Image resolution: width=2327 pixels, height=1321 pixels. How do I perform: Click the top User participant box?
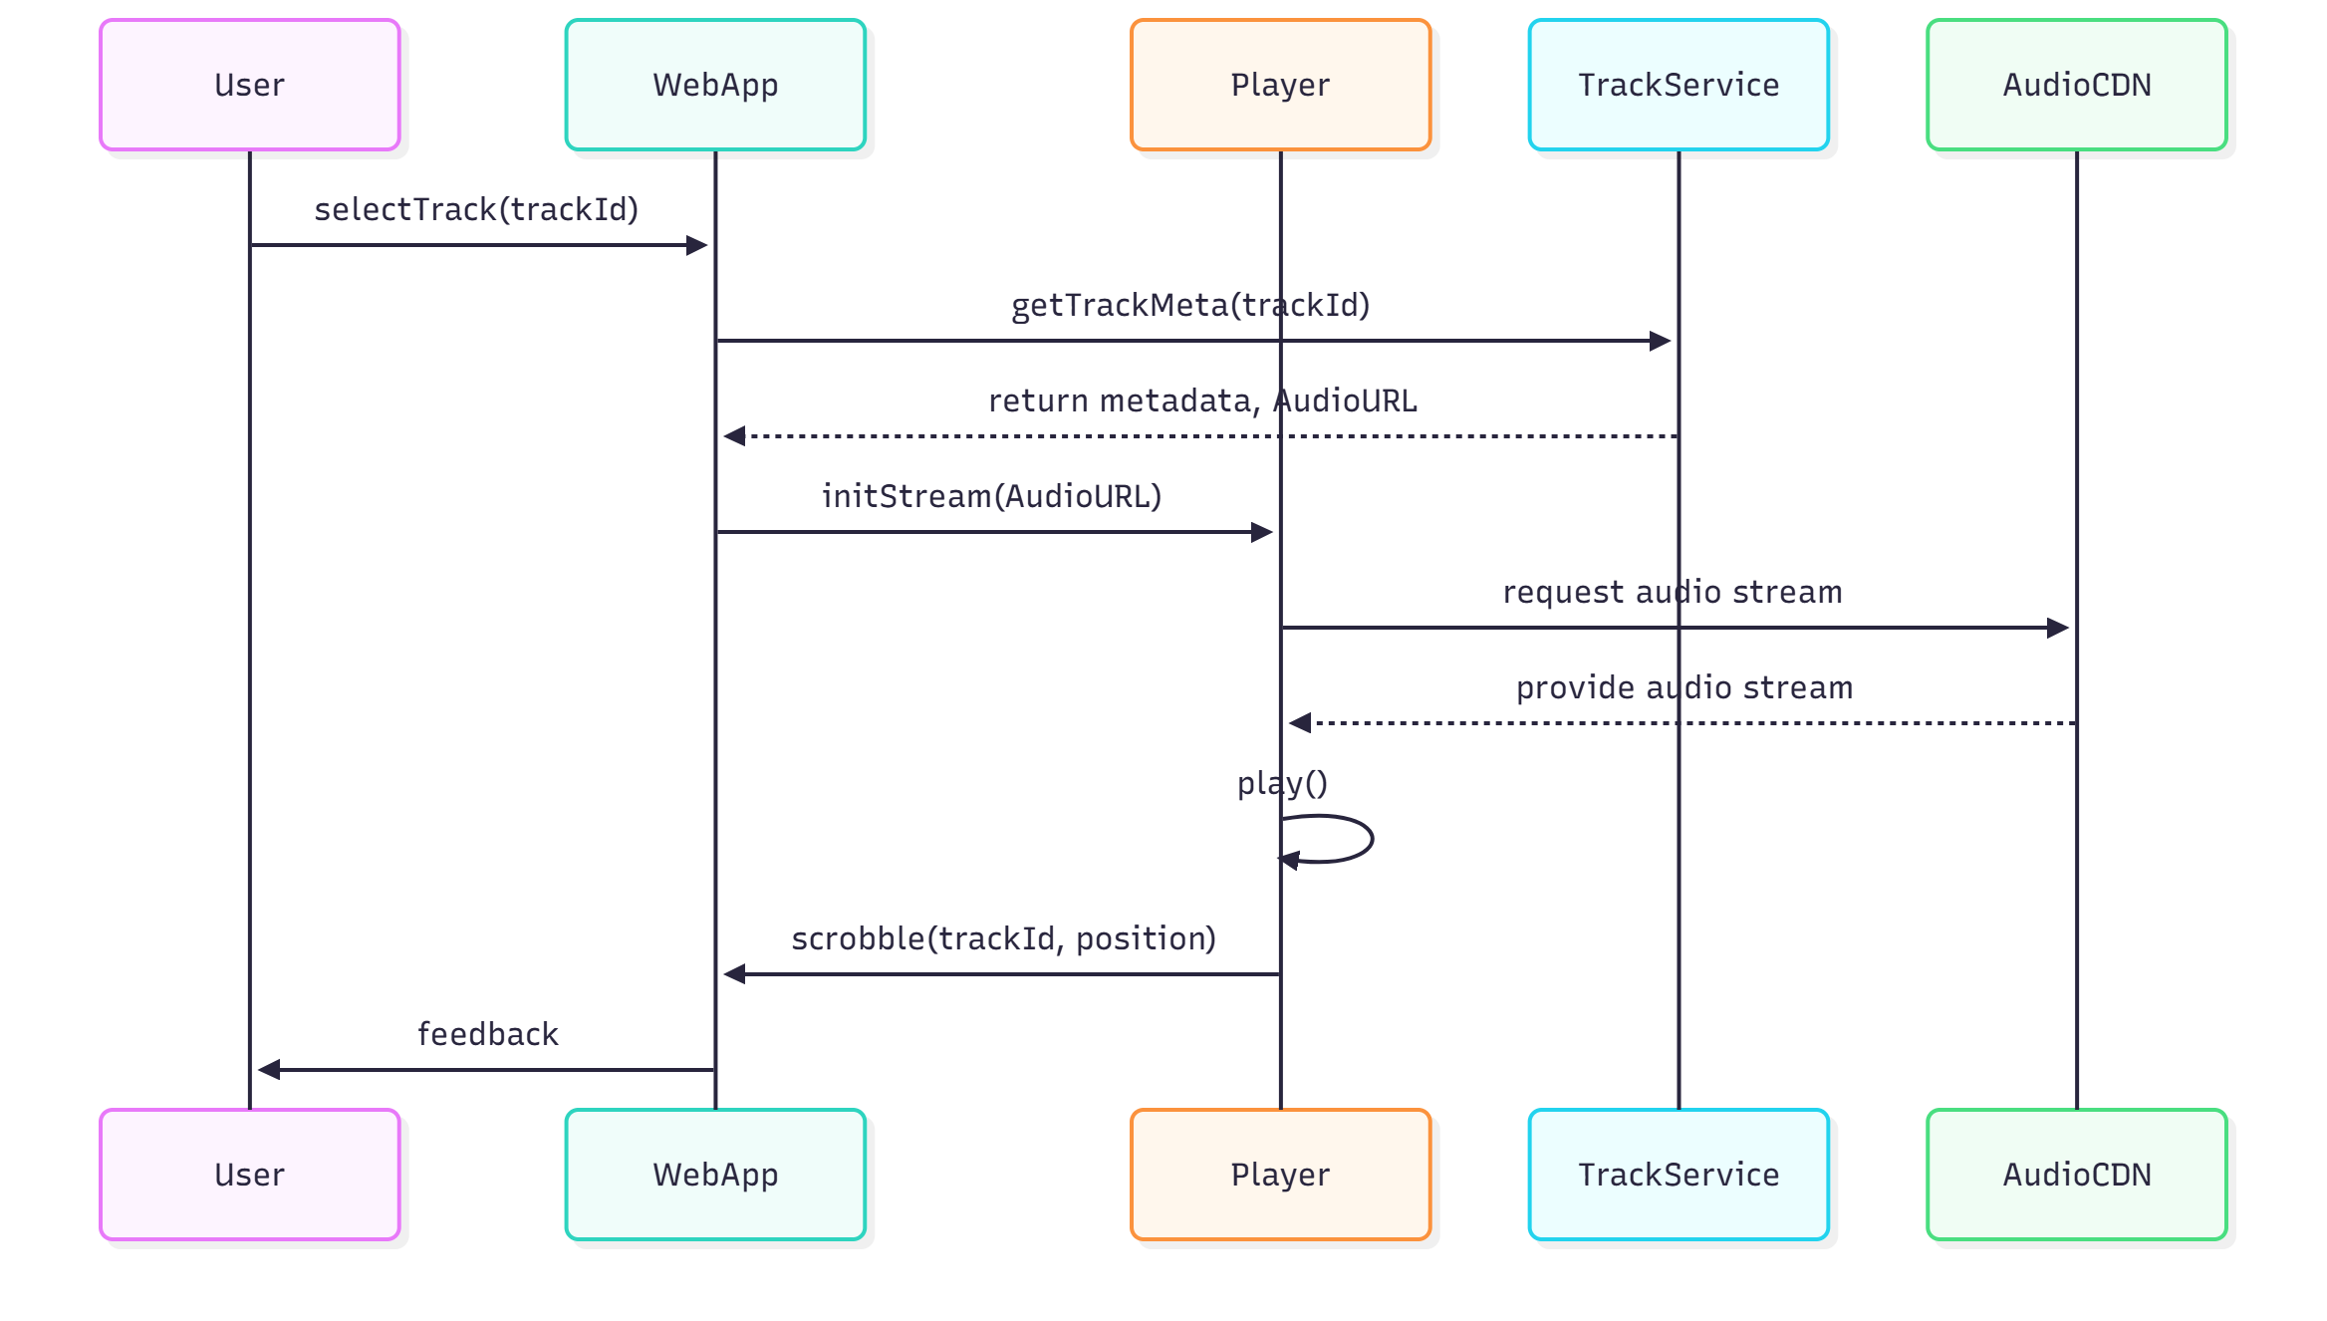(x=249, y=85)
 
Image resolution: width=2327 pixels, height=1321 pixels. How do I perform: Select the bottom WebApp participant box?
(x=715, y=1175)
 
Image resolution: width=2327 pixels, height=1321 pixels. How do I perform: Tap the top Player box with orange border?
(x=1280, y=85)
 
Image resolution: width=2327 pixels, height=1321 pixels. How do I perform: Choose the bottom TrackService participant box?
(x=1679, y=1175)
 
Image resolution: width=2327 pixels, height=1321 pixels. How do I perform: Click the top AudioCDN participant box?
(x=2077, y=85)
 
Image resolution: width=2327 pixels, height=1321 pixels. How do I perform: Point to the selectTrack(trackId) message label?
(x=476, y=209)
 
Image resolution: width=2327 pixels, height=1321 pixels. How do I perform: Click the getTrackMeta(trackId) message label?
(x=1190, y=305)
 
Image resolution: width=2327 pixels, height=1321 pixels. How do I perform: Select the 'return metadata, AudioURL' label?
(x=1202, y=400)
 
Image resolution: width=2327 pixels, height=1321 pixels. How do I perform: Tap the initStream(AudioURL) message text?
(x=991, y=496)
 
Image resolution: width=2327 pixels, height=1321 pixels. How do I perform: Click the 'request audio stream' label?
(x=1673, y=592)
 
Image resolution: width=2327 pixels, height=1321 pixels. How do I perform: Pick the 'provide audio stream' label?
(x=1684, y=687)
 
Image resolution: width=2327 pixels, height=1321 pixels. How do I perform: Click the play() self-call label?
(x=1282, y=784)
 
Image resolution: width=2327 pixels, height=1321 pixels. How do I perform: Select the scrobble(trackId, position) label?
(x=1003, y=938)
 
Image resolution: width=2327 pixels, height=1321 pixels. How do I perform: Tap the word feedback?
(x=488, y=1034)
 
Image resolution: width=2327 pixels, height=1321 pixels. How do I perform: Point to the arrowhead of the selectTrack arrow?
(x=697, y=245)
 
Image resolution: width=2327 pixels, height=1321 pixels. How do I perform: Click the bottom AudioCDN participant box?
(x=2077, y=1175)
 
